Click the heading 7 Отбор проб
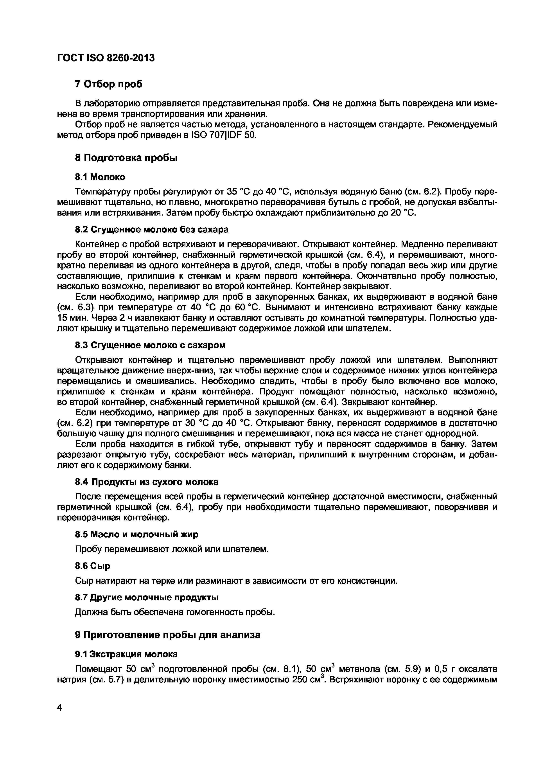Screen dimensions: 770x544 click(x=109, y=84)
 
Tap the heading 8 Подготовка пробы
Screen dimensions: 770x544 click(x=126, y=158)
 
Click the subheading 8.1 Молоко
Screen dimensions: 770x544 click(x=100, y=177)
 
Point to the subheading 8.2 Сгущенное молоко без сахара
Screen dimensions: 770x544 click(x=151, y=230)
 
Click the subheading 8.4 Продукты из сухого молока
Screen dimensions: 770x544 click(x=146, y=482)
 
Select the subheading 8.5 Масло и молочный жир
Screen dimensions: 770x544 click(x=136, y=534)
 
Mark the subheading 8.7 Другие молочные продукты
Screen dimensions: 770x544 click(x=146, y=597)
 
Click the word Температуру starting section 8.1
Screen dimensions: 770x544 click(x=102, y=192)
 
